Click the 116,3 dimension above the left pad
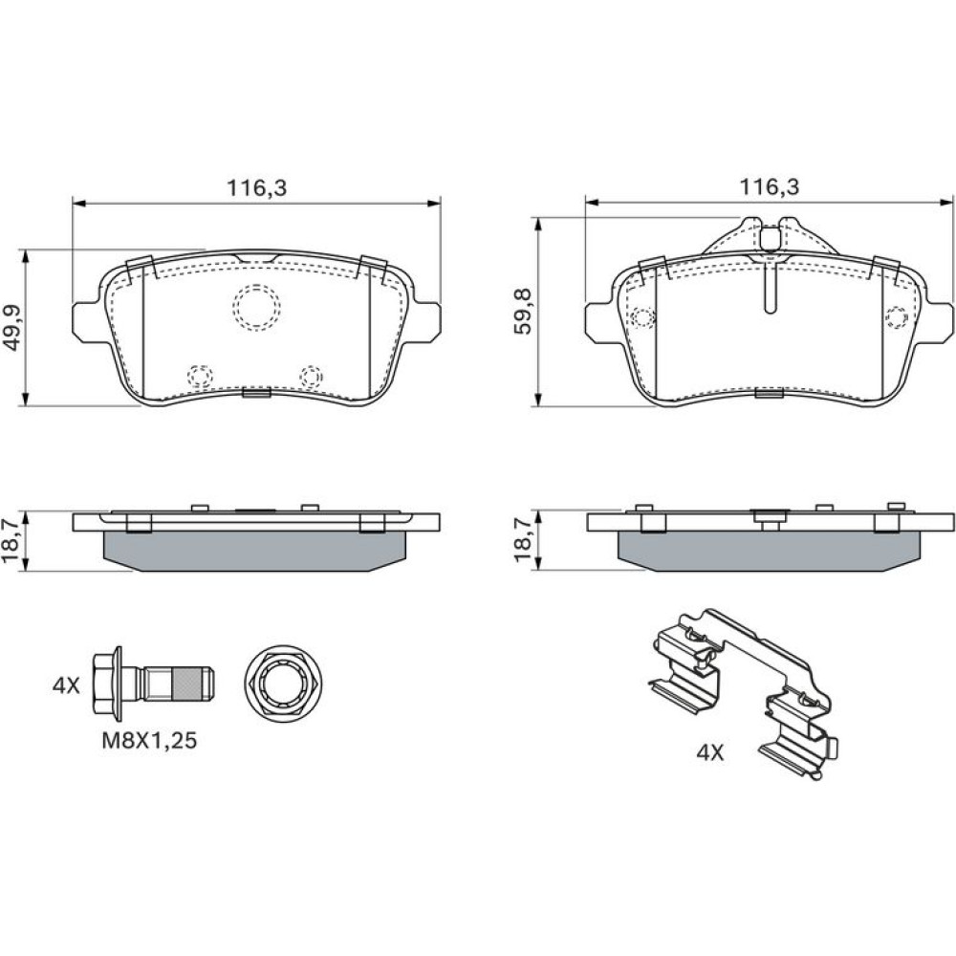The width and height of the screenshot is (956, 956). tap(256, 187)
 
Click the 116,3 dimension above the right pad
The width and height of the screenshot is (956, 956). tap(770, 187)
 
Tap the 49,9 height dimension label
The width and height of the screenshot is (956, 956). tap(13, 327)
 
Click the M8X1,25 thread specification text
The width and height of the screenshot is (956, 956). tap(149, 741)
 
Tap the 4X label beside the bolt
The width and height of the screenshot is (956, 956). tap(66, 685)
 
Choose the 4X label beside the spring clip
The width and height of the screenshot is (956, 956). tap(710, 753)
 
